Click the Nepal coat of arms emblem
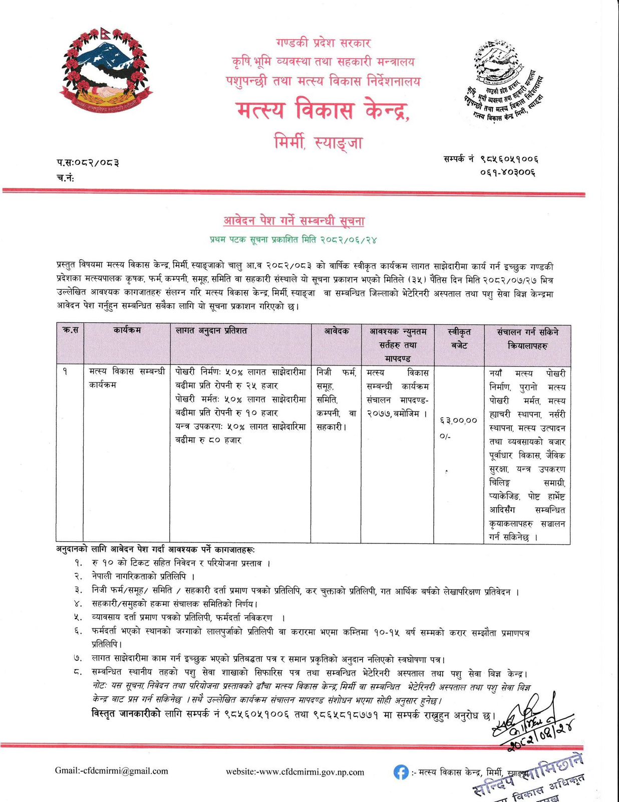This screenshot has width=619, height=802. click(x=106, y=69)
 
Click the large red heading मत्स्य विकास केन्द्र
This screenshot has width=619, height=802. click(x=323, y=110)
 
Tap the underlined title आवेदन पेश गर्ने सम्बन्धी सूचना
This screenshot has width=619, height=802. click(x=294, y=221)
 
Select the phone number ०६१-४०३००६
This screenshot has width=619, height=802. click(x=508, y=172)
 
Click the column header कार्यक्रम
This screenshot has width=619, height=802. click(x=127, y=330)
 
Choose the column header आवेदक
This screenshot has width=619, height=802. click(x=337, y=331)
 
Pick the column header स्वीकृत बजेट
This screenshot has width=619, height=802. click(x=459, y=338)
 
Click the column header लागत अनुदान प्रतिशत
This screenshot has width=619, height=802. click(x=211, y=331)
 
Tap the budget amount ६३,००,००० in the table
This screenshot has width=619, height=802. click(x=458, y=427)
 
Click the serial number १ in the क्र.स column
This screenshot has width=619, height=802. click(x=65, y=372)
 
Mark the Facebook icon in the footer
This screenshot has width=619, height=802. click(x=401, y=772)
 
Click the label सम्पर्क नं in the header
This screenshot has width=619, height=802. click(x=459, y=159)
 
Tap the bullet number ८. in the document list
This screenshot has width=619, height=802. click(x=78, y=672)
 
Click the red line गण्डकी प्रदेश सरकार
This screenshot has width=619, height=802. click(x=323, y=43)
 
